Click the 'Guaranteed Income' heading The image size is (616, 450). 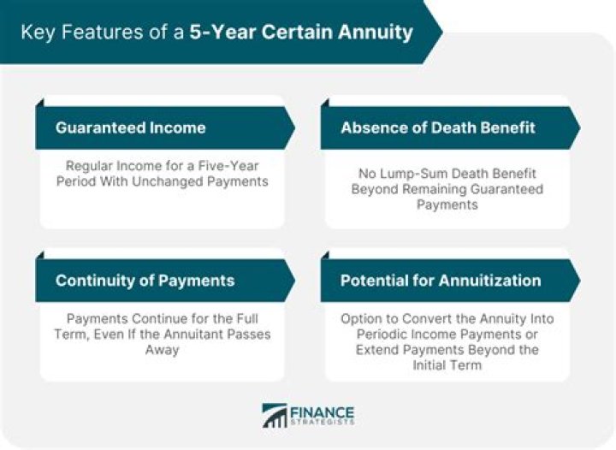130,127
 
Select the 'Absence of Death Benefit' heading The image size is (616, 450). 437,127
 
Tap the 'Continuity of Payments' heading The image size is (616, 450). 145,281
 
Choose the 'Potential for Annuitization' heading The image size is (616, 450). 440,281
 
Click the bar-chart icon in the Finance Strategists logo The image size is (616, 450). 275,415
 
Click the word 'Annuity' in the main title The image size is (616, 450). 376,33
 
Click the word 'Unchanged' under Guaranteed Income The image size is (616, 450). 174,181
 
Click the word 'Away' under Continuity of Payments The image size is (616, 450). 161,351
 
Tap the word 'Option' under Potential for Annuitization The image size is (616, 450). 360,318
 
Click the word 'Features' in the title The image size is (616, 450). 88,33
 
